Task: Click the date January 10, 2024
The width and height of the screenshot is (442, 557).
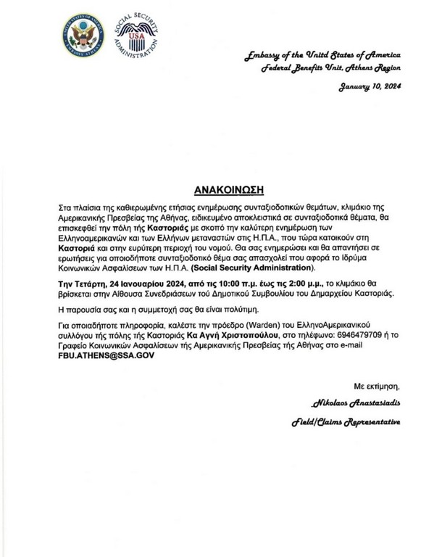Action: click(368, 86)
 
